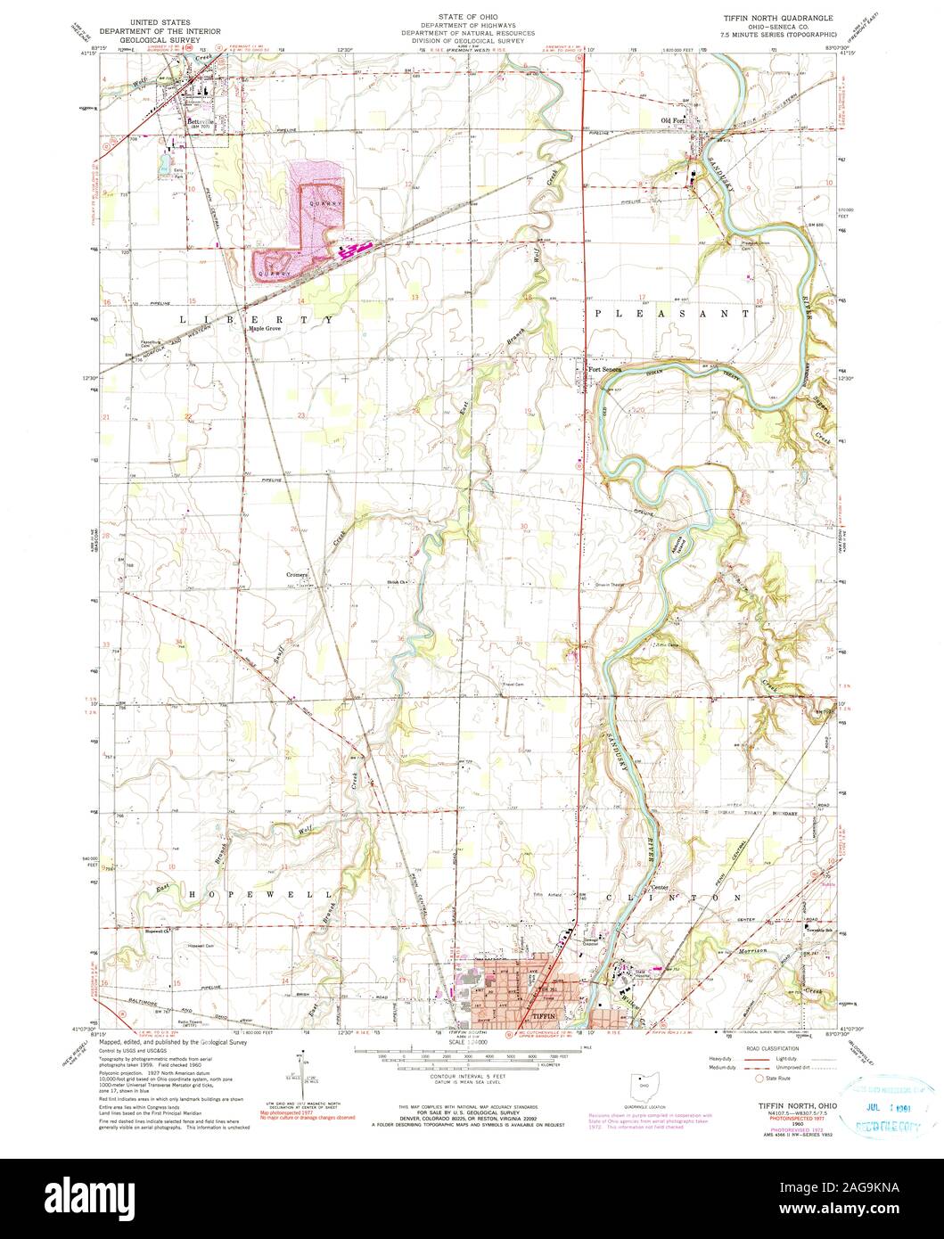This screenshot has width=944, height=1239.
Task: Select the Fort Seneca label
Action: pos(603,372)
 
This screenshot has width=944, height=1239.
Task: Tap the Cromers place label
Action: pos(297,575)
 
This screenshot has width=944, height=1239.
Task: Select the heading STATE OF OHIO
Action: pos(472,16)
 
